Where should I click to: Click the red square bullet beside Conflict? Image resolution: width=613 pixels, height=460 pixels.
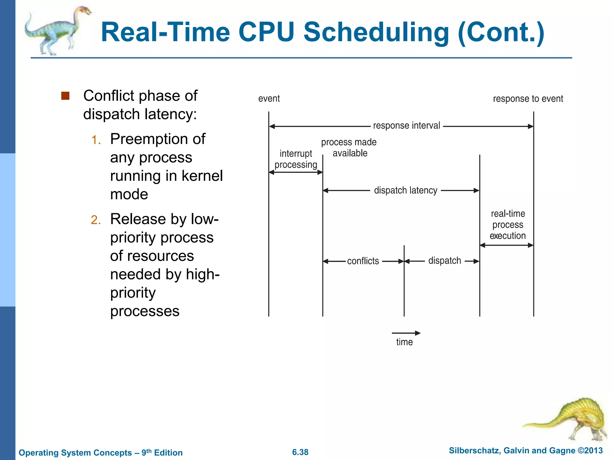(65, 96)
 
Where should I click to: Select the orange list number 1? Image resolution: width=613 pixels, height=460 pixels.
(96, 140)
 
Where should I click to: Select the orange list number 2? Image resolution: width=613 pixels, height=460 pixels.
(96, 220)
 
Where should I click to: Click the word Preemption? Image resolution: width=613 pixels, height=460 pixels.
(158, 139)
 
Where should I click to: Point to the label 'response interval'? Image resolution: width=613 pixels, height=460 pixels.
(406, 125)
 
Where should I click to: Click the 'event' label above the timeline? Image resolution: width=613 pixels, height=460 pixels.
(269, 99)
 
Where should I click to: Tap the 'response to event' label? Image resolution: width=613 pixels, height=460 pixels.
(528, 99)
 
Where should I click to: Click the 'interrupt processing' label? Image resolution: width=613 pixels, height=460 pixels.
(296, 159)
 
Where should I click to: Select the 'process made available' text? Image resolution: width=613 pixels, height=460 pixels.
(349, 147)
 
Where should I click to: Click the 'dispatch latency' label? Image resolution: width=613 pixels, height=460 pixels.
(406, 190)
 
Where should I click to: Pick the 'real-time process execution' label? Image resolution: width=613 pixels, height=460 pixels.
(508, 225)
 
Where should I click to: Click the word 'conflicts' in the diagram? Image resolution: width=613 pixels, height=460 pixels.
(363, 261)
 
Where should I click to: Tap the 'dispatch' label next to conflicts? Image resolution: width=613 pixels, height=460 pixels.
(444, 261)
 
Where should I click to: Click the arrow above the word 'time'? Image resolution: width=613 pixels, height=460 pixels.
(406, 333)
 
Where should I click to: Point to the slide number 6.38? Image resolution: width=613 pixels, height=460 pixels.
(300, 452)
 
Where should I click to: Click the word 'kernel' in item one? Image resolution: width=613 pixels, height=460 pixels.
(202, 176)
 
